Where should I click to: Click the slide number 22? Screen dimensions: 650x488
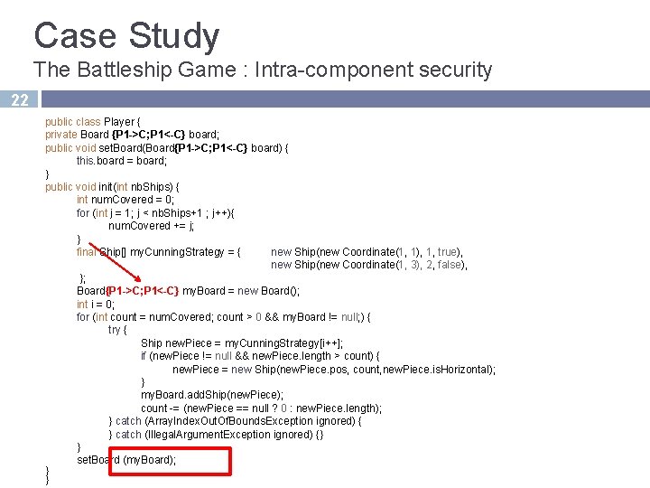click(x=20, y=100)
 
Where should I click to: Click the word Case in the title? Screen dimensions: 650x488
click(x=74, y=35)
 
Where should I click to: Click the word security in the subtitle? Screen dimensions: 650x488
click(x=450, y=70)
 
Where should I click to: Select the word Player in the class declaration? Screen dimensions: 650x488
click(x=119, y=122)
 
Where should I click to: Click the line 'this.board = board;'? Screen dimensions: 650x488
click(x=122, y=161)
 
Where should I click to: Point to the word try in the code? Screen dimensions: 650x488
click(x=115, y=330)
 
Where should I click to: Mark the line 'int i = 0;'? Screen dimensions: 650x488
click(x=96, y=305)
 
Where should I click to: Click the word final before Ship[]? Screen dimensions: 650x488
click(x=87, y=252)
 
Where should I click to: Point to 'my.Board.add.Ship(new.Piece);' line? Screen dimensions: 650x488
click(x=212, y=395)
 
